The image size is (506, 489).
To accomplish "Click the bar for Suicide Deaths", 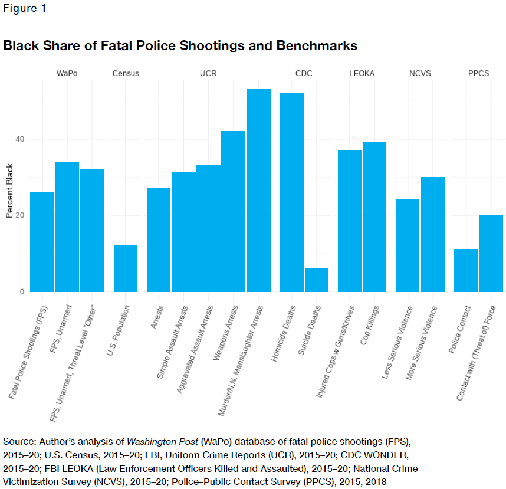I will click(317, 280).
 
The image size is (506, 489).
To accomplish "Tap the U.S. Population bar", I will click(126, 268).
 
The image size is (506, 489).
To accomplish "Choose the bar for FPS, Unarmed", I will click(67, 227).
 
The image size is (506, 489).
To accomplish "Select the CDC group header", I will click(304, 74).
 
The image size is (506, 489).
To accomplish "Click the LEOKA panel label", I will click(362, 74).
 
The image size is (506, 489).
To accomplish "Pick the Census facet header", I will click(126, 74).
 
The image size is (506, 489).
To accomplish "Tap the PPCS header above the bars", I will click(478, 74).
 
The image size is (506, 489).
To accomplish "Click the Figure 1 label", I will click(25, 9).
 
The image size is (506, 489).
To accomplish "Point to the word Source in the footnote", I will click(18, 441).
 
